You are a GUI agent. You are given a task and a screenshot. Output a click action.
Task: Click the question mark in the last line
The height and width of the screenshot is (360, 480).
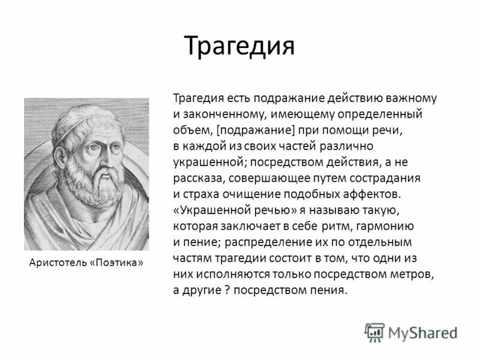tap(227, 290)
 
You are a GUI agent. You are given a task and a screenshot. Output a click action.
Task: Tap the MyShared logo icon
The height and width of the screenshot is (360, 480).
tap(374, 332)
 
